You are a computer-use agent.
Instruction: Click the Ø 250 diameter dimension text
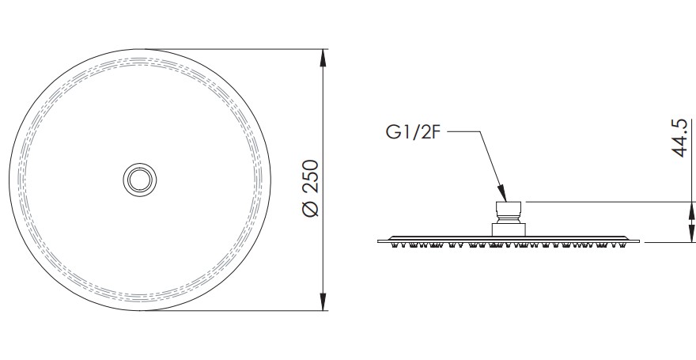(311, 188)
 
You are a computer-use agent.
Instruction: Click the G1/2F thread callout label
(414, 132)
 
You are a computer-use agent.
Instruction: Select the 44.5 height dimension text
(680, 138)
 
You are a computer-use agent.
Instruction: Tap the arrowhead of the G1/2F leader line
(502, 194)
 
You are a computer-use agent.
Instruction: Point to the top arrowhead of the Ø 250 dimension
(323, 58)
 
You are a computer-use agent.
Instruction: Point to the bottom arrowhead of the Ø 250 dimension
(323, 302)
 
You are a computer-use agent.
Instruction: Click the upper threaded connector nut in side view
(509, 209)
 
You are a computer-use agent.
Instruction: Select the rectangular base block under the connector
(509, 230)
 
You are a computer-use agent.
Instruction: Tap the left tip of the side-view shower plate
(378, 241)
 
